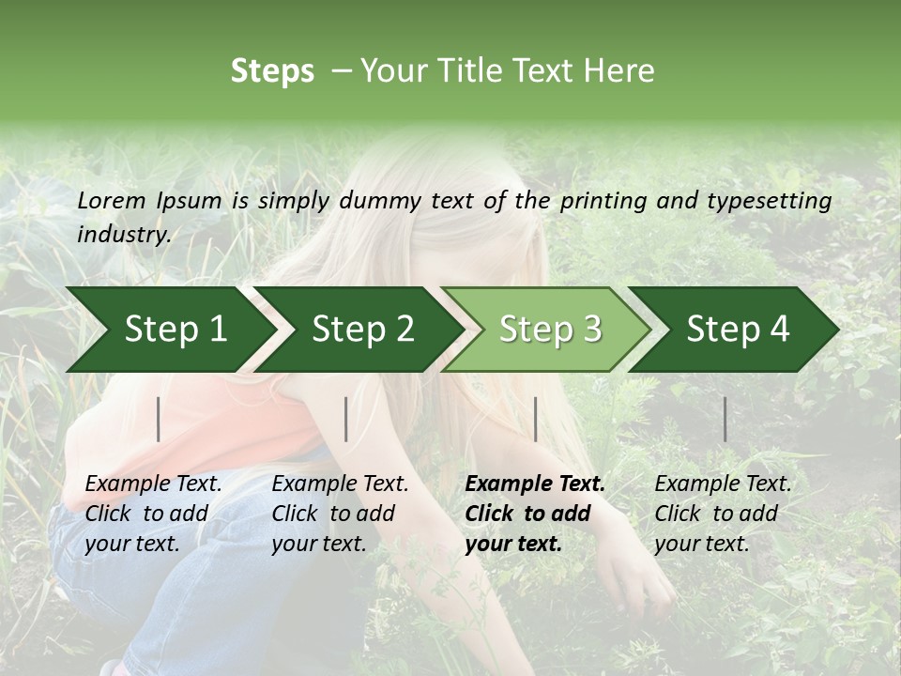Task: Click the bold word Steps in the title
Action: coord(272,71)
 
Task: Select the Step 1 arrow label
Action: coord(176,330)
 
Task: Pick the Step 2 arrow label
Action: coord(363,330)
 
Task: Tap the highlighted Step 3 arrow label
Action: coord(550,330)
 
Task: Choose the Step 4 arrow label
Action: coord(738,330)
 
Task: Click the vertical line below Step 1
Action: coord(159,419)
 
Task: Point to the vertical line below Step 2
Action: coord(346,419)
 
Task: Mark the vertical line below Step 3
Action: coord(535,419)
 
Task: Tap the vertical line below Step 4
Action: coord(725,419)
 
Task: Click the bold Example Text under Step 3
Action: coord(535,484)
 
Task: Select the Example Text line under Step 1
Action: coord(153,484)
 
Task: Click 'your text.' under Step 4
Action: coord(701,544)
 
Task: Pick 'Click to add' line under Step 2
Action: coord(333,514)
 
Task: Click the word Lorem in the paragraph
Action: coord(112,200)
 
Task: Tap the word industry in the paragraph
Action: coord(124,235)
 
